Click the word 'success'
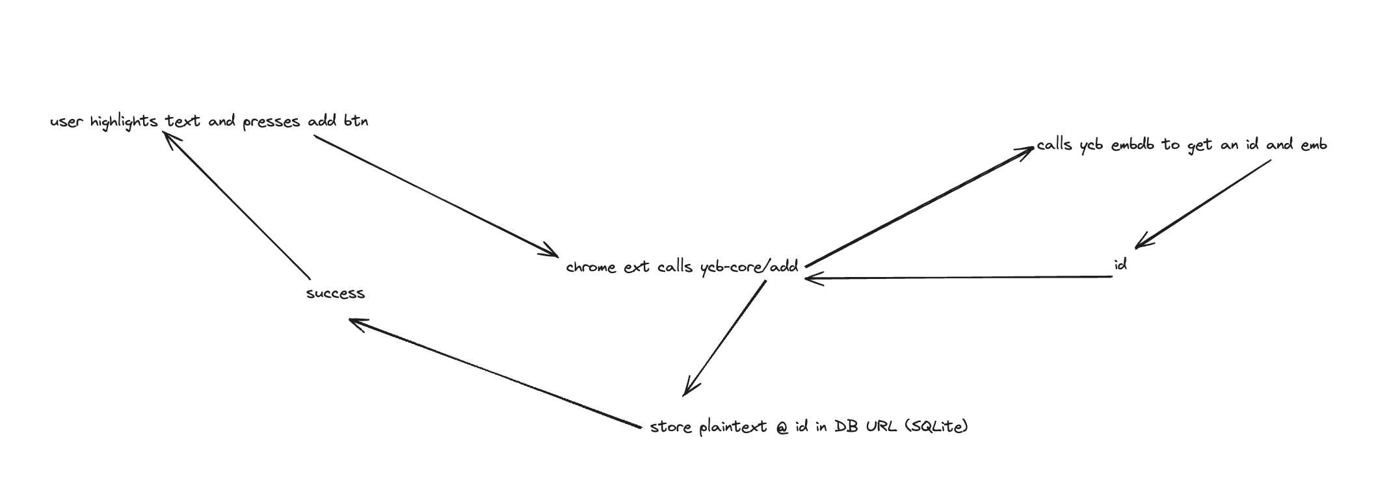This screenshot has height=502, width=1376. click(336, 293)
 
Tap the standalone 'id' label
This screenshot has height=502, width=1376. click(1120, 265)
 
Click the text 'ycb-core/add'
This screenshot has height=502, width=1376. click(749, 267)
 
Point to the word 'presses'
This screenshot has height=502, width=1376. click(271, 122)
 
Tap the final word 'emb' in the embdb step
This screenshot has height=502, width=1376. click(1314, 144)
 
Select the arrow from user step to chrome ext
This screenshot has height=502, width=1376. click(436, 196)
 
